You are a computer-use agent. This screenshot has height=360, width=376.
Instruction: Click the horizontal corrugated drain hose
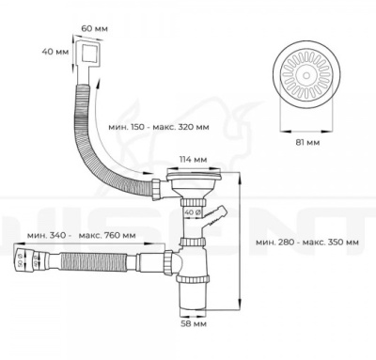click(94, 256)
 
